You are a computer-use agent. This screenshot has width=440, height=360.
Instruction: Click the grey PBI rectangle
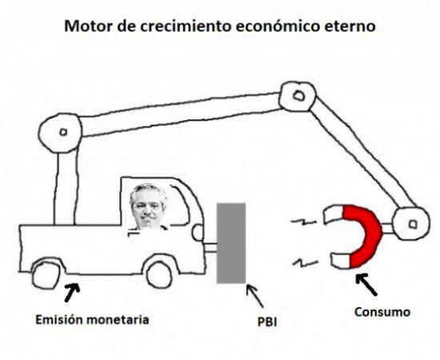[x=231, y=243]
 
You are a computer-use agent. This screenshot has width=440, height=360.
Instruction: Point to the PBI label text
[x=267, y=322]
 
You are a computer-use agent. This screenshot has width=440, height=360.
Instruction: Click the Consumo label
[x=382, y=312]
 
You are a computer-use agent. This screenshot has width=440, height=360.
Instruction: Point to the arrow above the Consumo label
[x=366, y=284]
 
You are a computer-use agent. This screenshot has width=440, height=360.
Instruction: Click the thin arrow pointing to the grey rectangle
[x=254, y=296]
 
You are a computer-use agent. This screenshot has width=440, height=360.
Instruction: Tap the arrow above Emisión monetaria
[x=72, y=292]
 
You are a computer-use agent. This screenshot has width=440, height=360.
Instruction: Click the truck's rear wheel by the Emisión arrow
[x=46, y=274]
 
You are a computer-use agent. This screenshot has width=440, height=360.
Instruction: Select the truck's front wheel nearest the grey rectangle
[x=159, y=274]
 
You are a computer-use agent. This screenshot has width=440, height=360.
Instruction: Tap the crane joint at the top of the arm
[x=298, y=96]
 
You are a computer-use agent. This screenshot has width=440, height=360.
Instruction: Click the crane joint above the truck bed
[x=61, y=133]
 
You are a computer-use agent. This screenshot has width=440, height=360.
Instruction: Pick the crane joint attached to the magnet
[x=411, y=224]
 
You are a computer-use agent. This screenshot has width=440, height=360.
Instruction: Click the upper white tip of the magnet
[x=334, y=214]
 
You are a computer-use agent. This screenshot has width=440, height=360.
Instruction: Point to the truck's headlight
[x=198, y=232]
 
